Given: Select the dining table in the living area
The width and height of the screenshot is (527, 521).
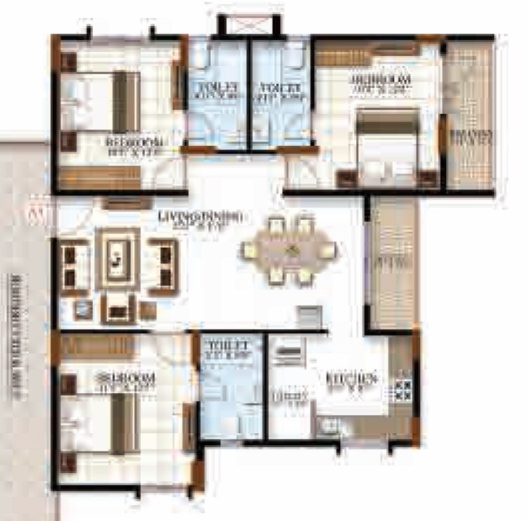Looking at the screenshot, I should click(289, 251).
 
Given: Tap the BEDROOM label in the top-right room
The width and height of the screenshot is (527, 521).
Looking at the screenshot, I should click(379, 83).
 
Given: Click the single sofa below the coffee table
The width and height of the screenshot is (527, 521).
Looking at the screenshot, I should click(117, 306).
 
